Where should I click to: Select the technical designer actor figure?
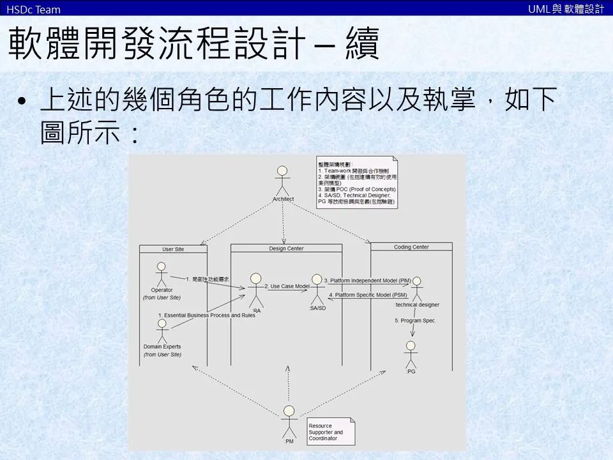(x=417, y=289)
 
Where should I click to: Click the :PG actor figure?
(x=411, y=353)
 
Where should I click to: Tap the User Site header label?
(x=173, y=249)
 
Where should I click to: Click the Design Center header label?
(x=286, y=248)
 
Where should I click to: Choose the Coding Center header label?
(x=411, y=247)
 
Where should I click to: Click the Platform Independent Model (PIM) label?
(x=367, y=280)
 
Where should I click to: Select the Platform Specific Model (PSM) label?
(x=368, y=295)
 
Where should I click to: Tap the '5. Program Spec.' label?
(x=415, y=320)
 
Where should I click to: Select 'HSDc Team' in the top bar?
(x=33, y=9)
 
